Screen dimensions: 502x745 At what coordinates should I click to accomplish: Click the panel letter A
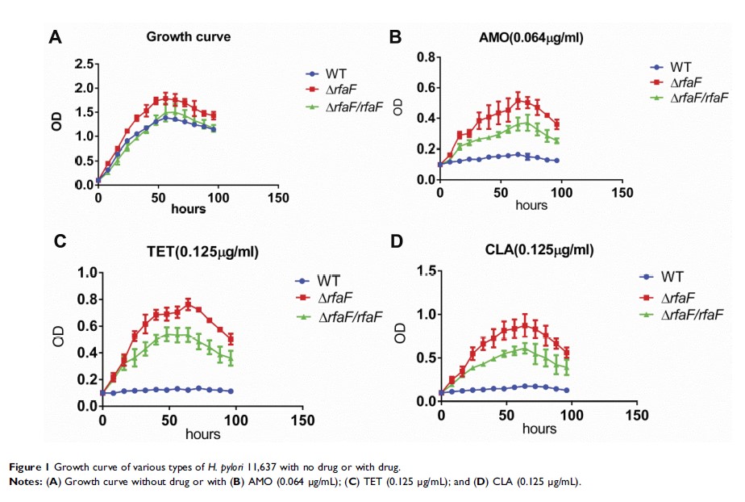click(x=55, y=37)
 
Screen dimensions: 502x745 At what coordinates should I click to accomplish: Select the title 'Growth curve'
click(x=188, y=37)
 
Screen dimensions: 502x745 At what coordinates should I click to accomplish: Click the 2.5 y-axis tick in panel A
click(x=85, y=64)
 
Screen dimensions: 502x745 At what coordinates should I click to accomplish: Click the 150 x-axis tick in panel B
click(x=622, y=193)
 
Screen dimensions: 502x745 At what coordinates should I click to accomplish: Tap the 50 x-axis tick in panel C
click(x=169, y=420)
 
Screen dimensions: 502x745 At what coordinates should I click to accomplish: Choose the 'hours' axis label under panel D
click(x=538, y=429)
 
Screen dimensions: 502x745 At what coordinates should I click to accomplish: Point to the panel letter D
click(x=396, y=241)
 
